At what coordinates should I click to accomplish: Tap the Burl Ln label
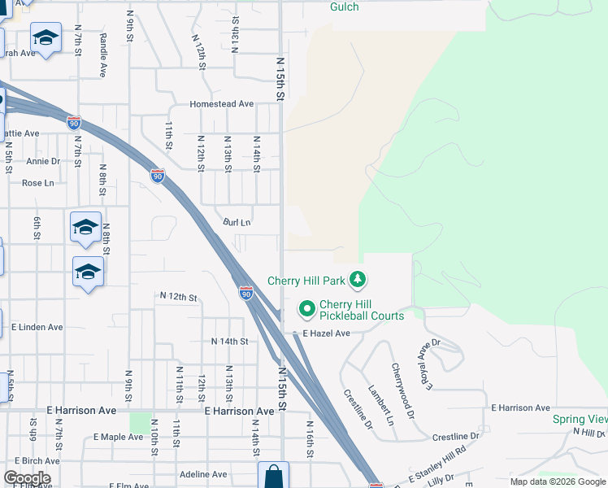237,222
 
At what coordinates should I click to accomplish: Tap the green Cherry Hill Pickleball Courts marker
307,309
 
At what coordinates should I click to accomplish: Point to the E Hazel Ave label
326,333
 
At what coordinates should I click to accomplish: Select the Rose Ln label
37,183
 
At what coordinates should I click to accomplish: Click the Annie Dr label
43,161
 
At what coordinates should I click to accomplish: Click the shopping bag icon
274,476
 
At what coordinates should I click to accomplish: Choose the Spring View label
580,419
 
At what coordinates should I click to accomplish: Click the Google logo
27,478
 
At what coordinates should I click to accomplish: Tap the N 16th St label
311,440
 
